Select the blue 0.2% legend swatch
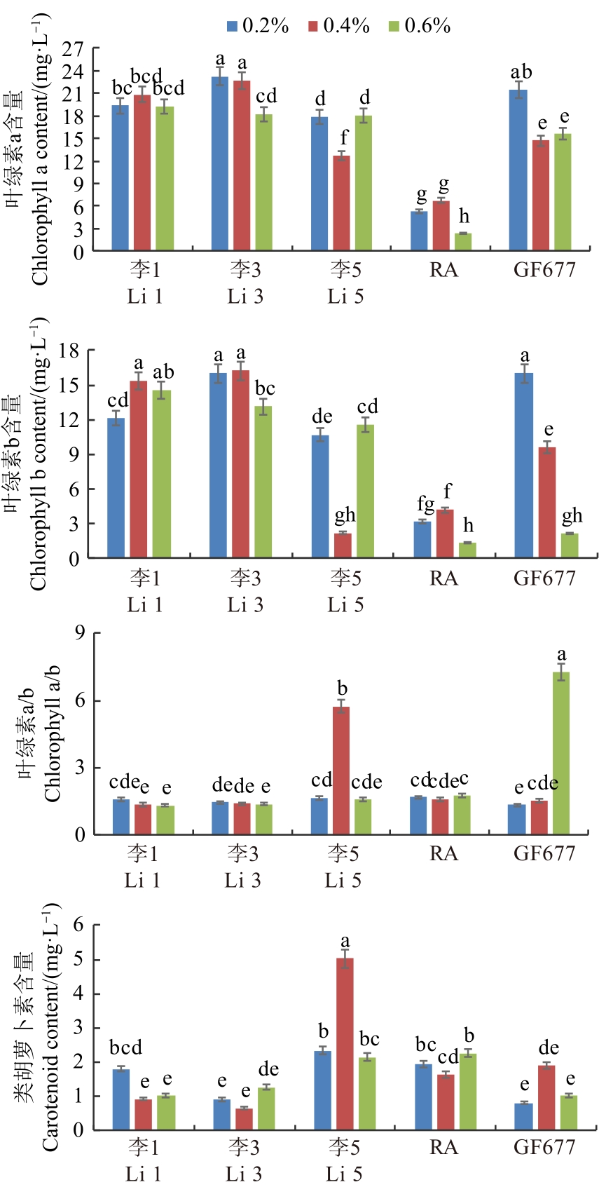pyautogui.click(x=233, y=27)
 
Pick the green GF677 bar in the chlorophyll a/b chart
pyautogui.click(x=560, y=753)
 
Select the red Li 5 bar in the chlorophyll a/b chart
pyautogui.click(x=341, y=771)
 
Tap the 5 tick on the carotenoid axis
pyautogui.click(x=78, y=960)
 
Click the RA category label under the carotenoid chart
pyautogui.click(x=443, y=1147)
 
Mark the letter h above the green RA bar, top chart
pyautogui.click(x=464, y=217)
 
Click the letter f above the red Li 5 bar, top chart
pyautogui.click(x=343, y=138)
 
